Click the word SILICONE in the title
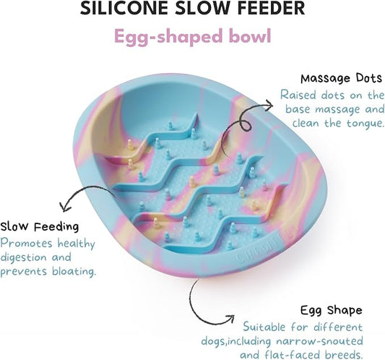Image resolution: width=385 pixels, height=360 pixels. (124, 8)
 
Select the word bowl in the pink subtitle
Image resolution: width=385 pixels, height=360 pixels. (250, 35)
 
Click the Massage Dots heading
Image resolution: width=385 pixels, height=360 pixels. (341, 78)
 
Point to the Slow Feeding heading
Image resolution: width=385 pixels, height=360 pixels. (40, 226)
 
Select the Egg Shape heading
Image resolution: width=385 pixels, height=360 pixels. (332, 310)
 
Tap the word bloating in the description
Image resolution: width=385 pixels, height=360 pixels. (73, 271)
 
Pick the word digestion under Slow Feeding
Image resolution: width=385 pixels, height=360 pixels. (23, 257)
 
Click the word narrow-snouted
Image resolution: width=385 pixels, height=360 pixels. (319, 341)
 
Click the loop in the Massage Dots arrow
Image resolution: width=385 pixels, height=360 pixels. (246, 125)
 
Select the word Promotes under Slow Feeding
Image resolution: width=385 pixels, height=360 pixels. (26, 244)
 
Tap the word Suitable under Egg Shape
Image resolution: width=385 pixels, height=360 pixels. (264, 327)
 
